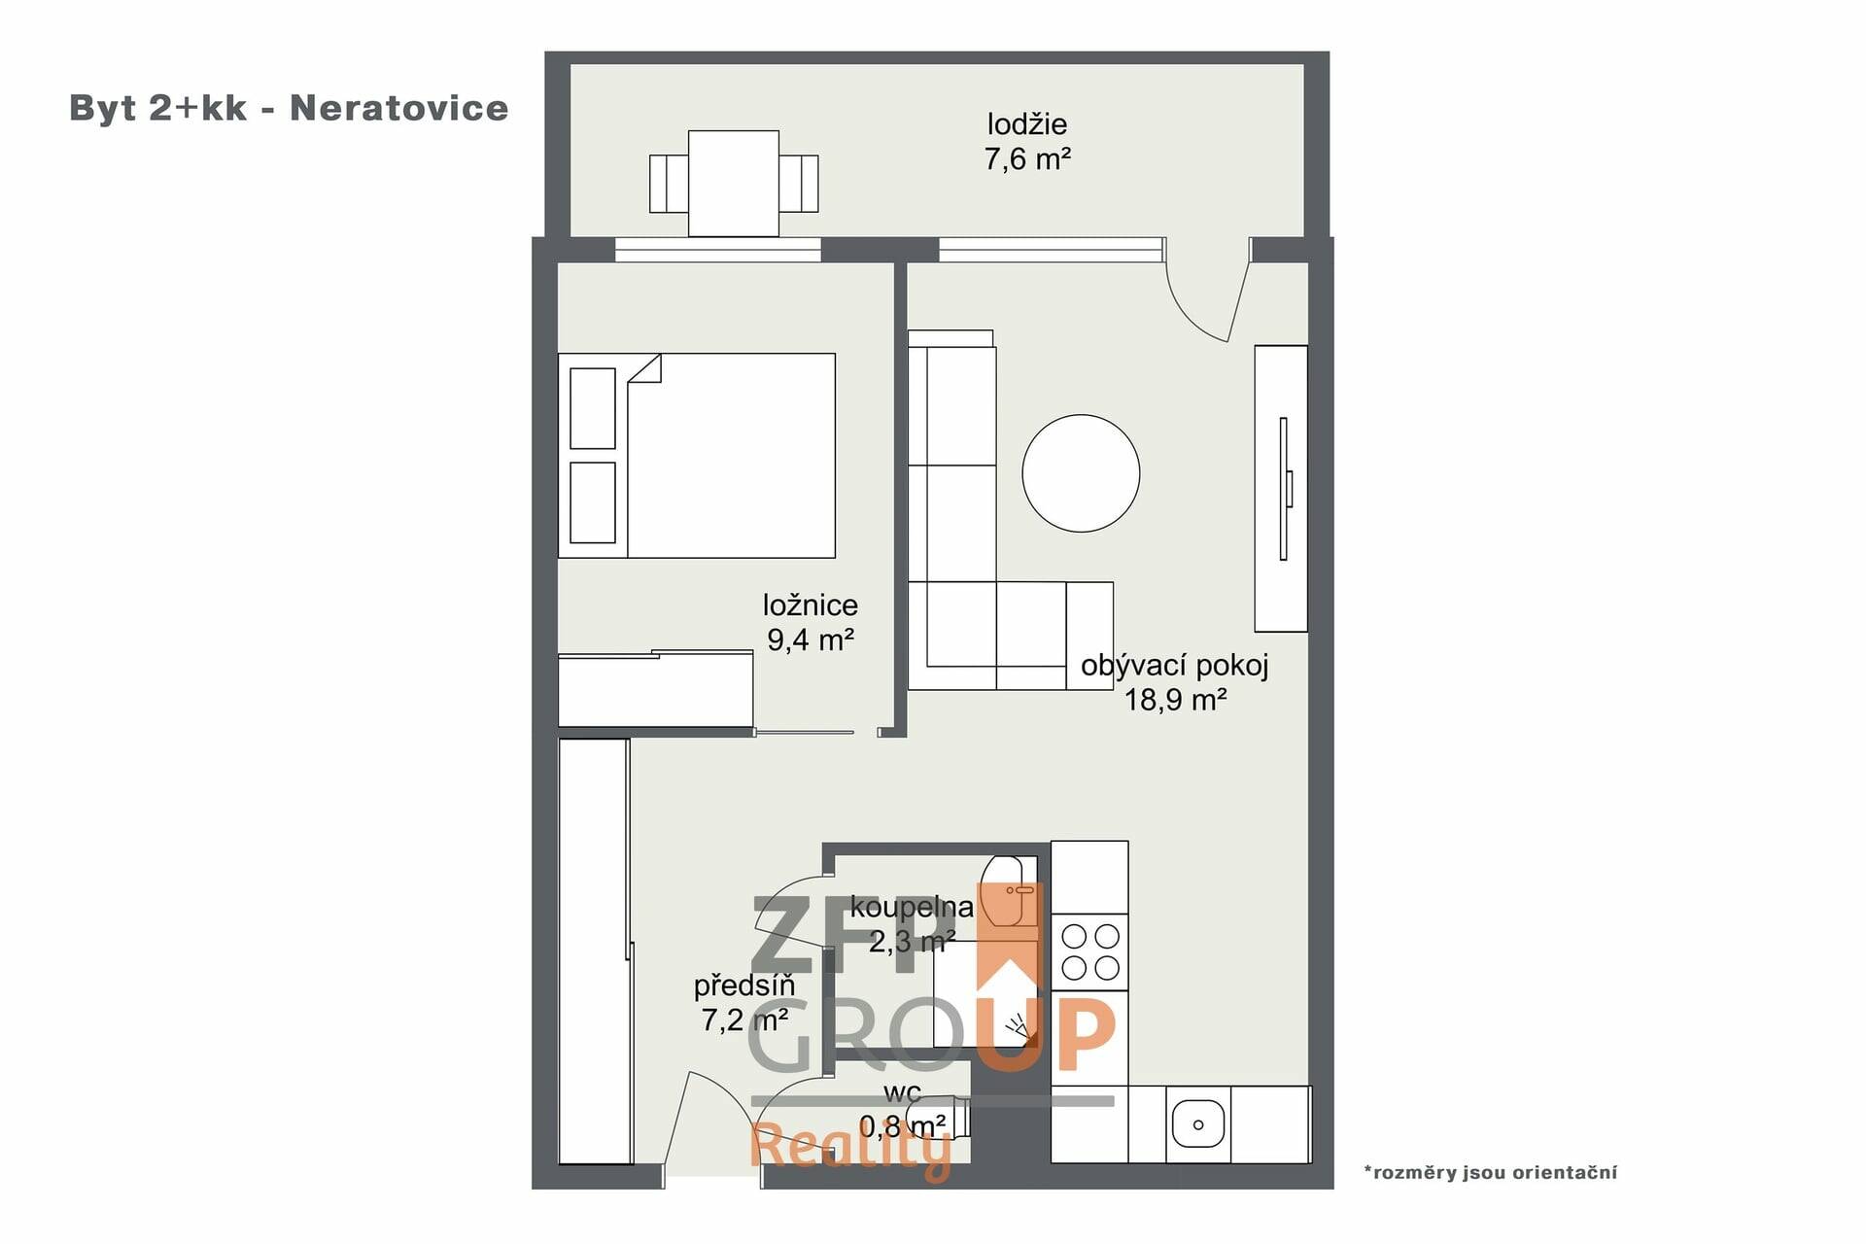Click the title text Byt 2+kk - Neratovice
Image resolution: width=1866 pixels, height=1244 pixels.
(289, 108)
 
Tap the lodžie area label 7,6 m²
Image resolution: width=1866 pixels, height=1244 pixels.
(1027, 158)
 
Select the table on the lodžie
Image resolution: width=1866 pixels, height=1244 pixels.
(734, 184)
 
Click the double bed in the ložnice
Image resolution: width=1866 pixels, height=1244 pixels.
(697, 455)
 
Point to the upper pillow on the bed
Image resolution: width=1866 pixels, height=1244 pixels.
(592, 408)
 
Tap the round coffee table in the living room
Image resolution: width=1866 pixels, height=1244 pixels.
(1081, 473)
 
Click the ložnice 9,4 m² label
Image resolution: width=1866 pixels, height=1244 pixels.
(811, 622)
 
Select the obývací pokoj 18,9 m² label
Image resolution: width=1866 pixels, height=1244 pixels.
(1175, 682)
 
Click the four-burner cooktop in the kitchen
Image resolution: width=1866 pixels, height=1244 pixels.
(1090, 951)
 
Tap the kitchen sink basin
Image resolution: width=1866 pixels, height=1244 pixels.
(1198, 1124)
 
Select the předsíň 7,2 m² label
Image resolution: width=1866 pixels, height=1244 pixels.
(744, 1002)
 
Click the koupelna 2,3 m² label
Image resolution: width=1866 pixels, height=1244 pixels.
(912, 924)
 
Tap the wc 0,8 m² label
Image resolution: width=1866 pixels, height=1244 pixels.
(903, 1110)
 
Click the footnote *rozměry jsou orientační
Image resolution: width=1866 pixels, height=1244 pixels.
(1491, 1172)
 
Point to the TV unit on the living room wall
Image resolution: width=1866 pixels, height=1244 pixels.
(1281, 488)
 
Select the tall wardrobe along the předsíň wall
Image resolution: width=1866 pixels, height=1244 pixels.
(595, 950)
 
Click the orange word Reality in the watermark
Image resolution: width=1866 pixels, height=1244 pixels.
(851, 1150)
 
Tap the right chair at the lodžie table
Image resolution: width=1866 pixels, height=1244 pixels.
(798, 184)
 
